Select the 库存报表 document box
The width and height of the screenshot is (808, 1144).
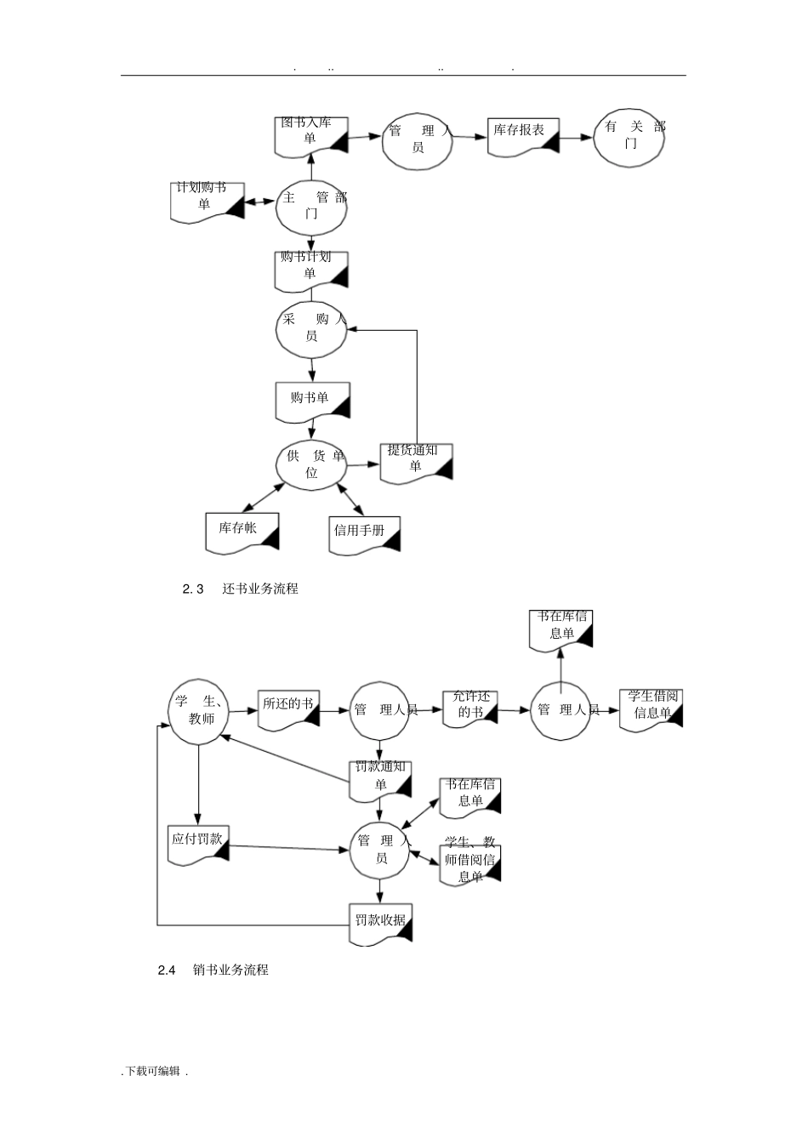[x=523, y=136]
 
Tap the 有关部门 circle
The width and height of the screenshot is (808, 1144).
[x=629, y=137]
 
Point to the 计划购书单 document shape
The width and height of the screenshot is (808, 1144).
[x=207, y=202]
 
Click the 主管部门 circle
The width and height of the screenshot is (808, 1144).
[x=311, y=206]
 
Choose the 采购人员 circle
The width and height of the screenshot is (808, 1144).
[x=311, y=328]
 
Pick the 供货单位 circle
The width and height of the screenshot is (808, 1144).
[x=311, y=464]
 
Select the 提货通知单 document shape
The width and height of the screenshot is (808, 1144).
[x=416, y=462]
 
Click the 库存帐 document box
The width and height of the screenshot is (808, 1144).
[x=242, y=532]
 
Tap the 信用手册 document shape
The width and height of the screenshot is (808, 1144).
[x=364, y=534]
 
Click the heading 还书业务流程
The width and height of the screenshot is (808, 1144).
[x=259, y=589]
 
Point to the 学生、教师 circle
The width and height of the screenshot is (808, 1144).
[x=198, y=712]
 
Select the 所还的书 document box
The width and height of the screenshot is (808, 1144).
[x=288, y=709]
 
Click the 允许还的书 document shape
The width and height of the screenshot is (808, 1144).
[x=469, y=707]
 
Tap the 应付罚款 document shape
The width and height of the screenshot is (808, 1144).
[x=199, y=844]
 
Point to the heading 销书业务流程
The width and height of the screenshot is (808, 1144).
[x=230, y=970]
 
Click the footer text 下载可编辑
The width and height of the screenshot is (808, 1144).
[x=153, y=1072]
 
